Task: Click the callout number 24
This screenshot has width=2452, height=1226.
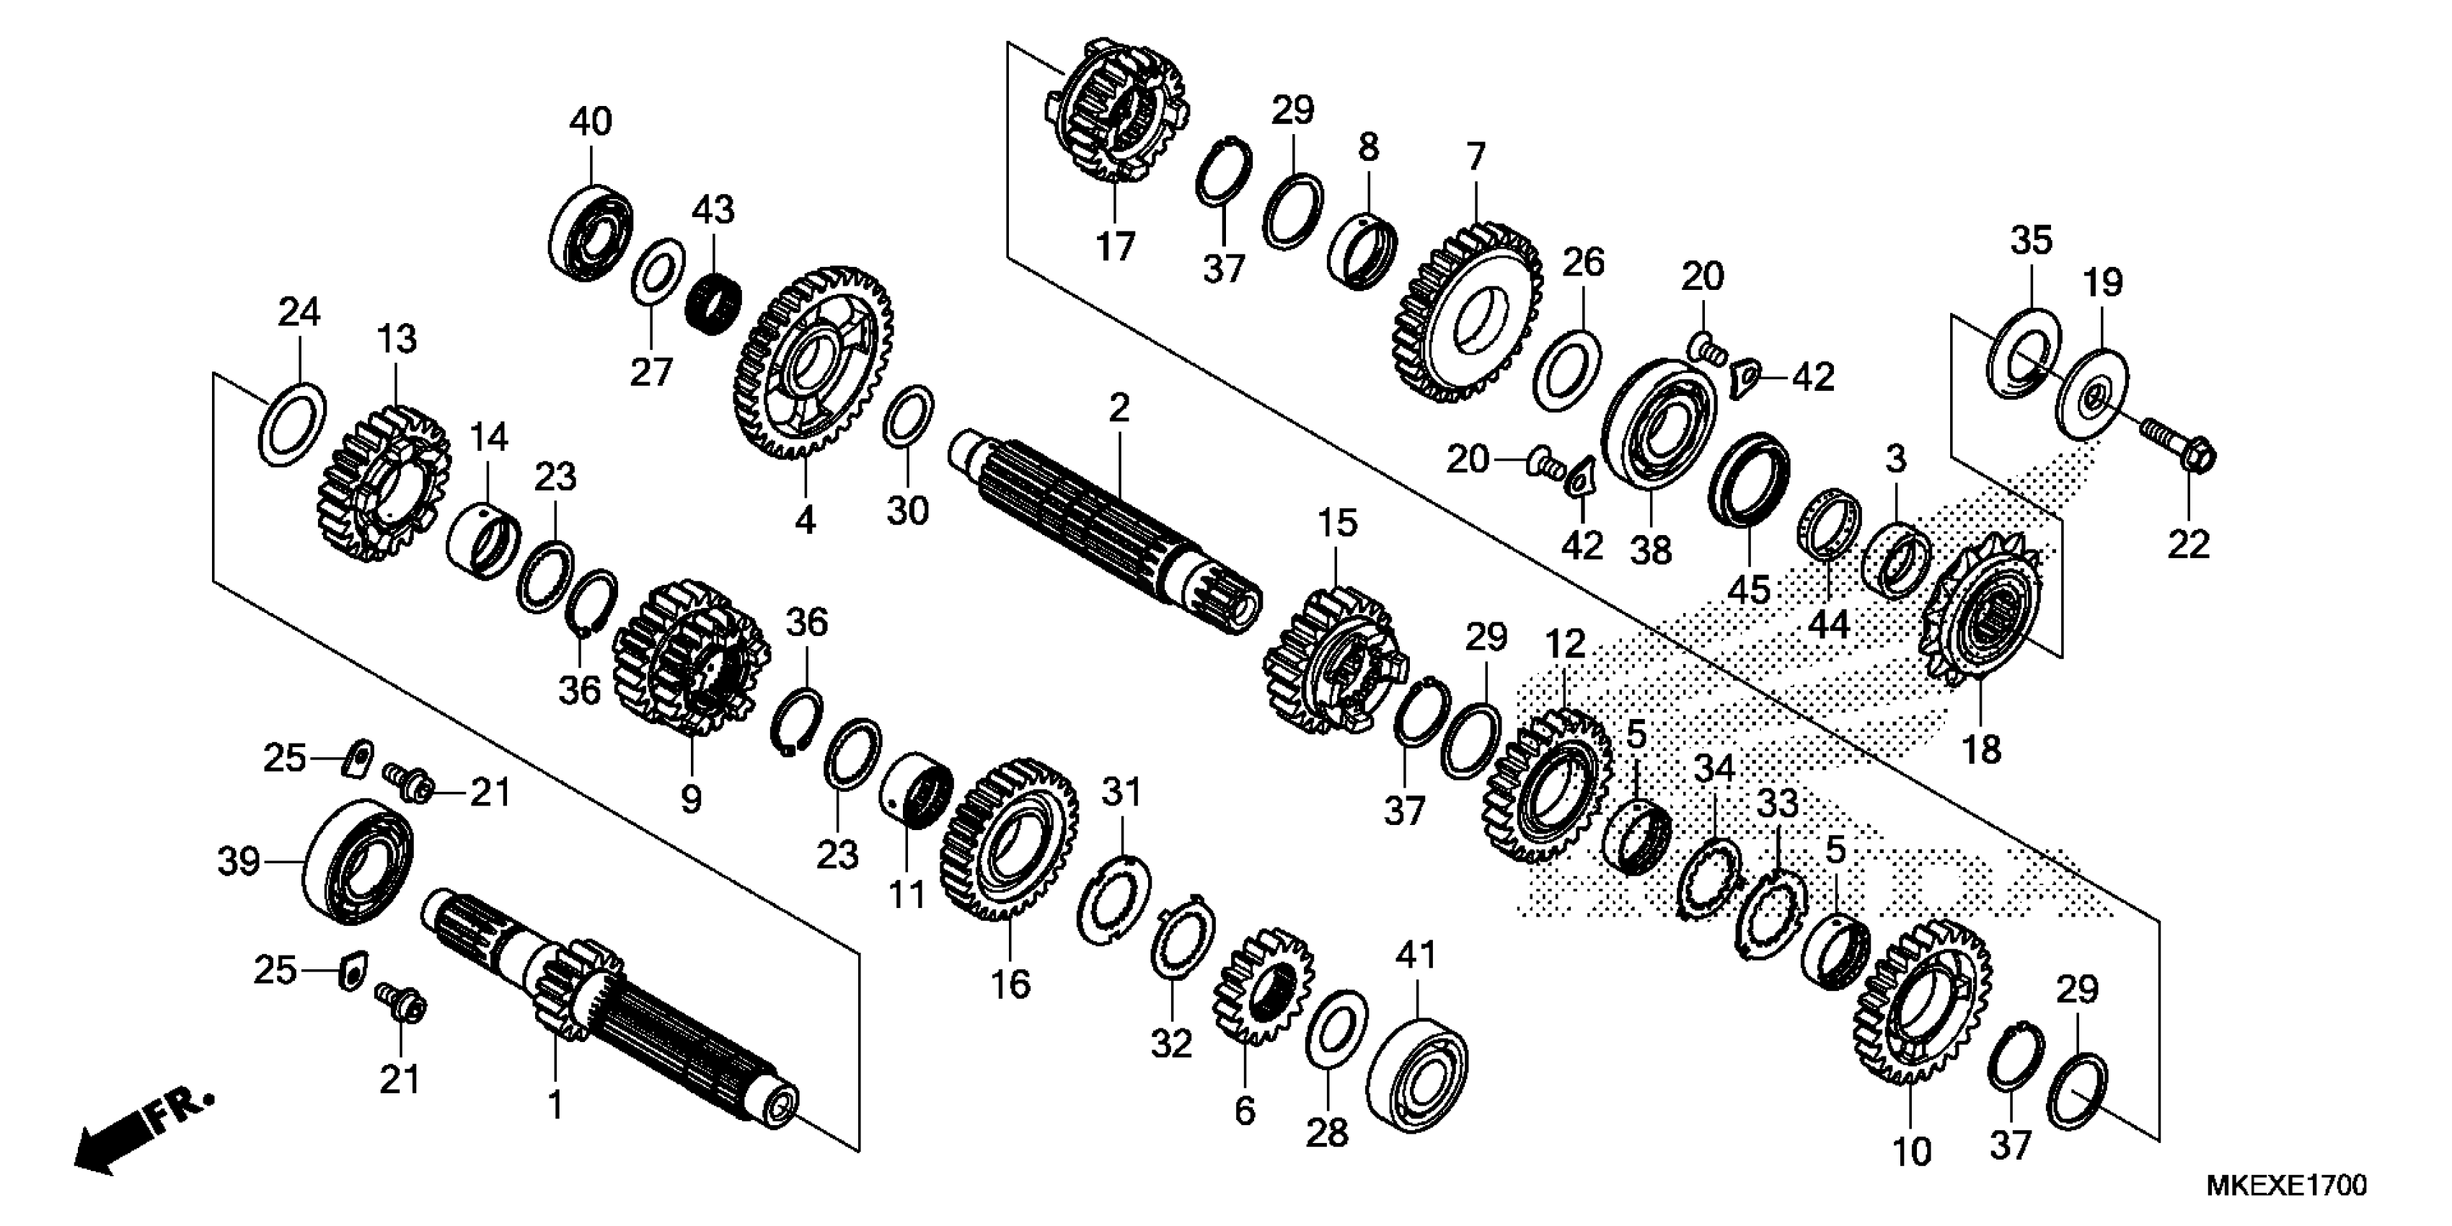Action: coord(299,312)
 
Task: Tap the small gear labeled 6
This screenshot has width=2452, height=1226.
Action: coord(1261,990)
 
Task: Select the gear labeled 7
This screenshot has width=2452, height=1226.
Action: coord(1470,314)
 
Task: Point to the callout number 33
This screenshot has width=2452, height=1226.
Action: coord(1776,803)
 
